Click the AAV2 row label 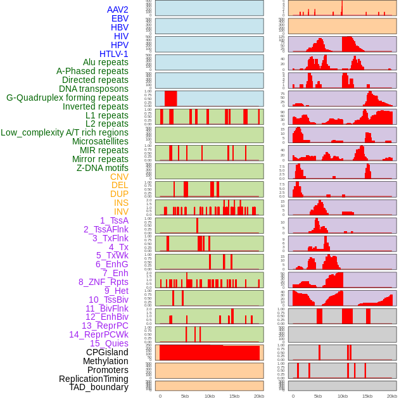pos(117,9)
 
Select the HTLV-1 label pos(113,54)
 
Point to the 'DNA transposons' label pos(93,89)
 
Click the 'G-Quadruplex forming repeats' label pos(67,98)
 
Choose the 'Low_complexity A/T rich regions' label pos(65,132)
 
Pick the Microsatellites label pos(100,141)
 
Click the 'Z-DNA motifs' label pos(102,168)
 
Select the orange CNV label pos(119,177)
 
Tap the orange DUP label pos(119,194)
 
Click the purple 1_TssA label pos(114,220)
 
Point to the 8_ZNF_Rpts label pos(103,282)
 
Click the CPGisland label pos(107,352)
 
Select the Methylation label pos(105,361)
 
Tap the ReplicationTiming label pos(93,379)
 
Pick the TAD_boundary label pos(98,387)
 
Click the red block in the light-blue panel pos(170,99)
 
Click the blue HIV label pos(121,36)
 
